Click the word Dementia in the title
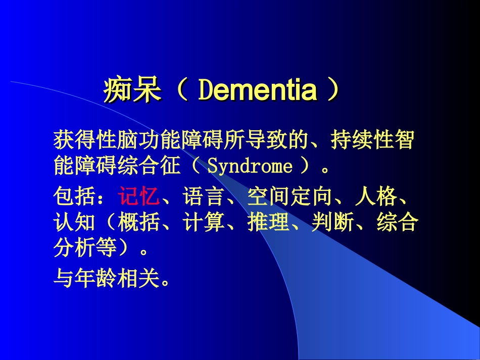point(258,91)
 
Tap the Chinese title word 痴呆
point(132,91)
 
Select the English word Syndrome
point(250,166)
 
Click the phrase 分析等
point(85,248)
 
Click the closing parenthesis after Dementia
point(331,91)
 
